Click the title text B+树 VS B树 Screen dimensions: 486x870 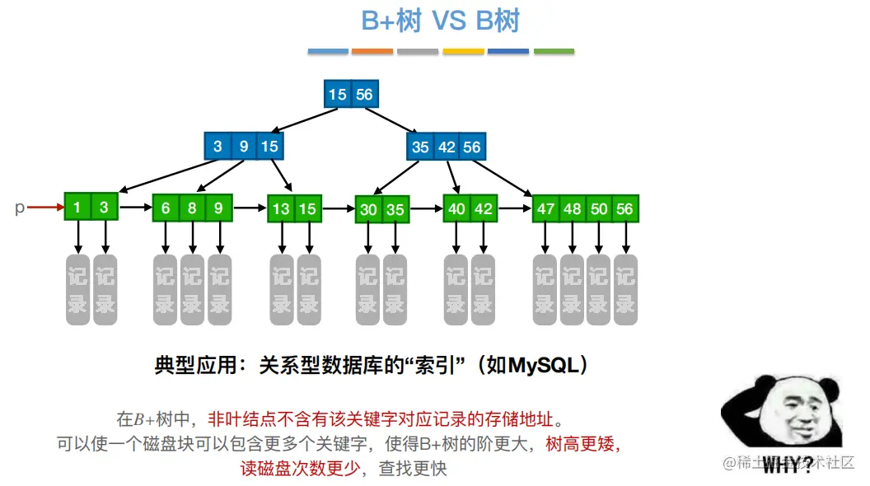click(x=441, y=21)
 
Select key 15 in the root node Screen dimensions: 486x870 click(x=337, y=95)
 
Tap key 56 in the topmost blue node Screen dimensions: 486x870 click(x=364, y=95)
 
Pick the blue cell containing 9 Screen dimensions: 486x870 click(x=244, y=147)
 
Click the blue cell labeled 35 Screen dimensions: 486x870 click(x=420, y=147)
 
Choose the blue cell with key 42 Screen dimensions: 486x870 click(x=447, y=147)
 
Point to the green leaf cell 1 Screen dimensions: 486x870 click(x=77, y=208)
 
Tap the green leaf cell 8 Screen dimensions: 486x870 click(x=192, y=208)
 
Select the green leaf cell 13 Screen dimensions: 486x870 click(x=281, y=209)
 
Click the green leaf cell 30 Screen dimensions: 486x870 click(x=368, y=210)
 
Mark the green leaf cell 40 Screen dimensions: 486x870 click(x=456, y=209)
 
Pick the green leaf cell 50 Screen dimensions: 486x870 click(x=599, y=209)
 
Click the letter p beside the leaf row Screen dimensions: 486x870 click(x=20, y=208)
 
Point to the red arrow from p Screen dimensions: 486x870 click(x=45, y=208)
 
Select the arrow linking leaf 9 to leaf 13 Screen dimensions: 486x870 click(x=250, y=208)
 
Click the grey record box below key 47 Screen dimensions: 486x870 click(x=545, y=289)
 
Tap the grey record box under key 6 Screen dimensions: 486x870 click(x=166, y=289)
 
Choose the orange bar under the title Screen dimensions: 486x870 click(x=372, y=52)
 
